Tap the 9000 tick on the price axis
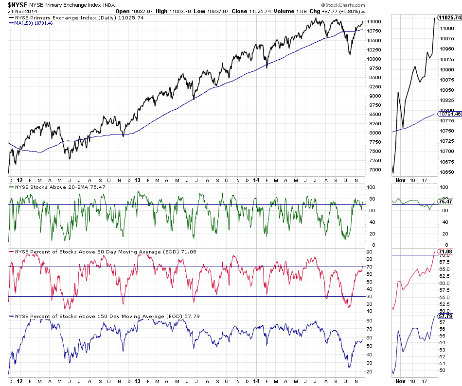tap(374, 96)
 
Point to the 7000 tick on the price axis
tap(374, 169)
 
